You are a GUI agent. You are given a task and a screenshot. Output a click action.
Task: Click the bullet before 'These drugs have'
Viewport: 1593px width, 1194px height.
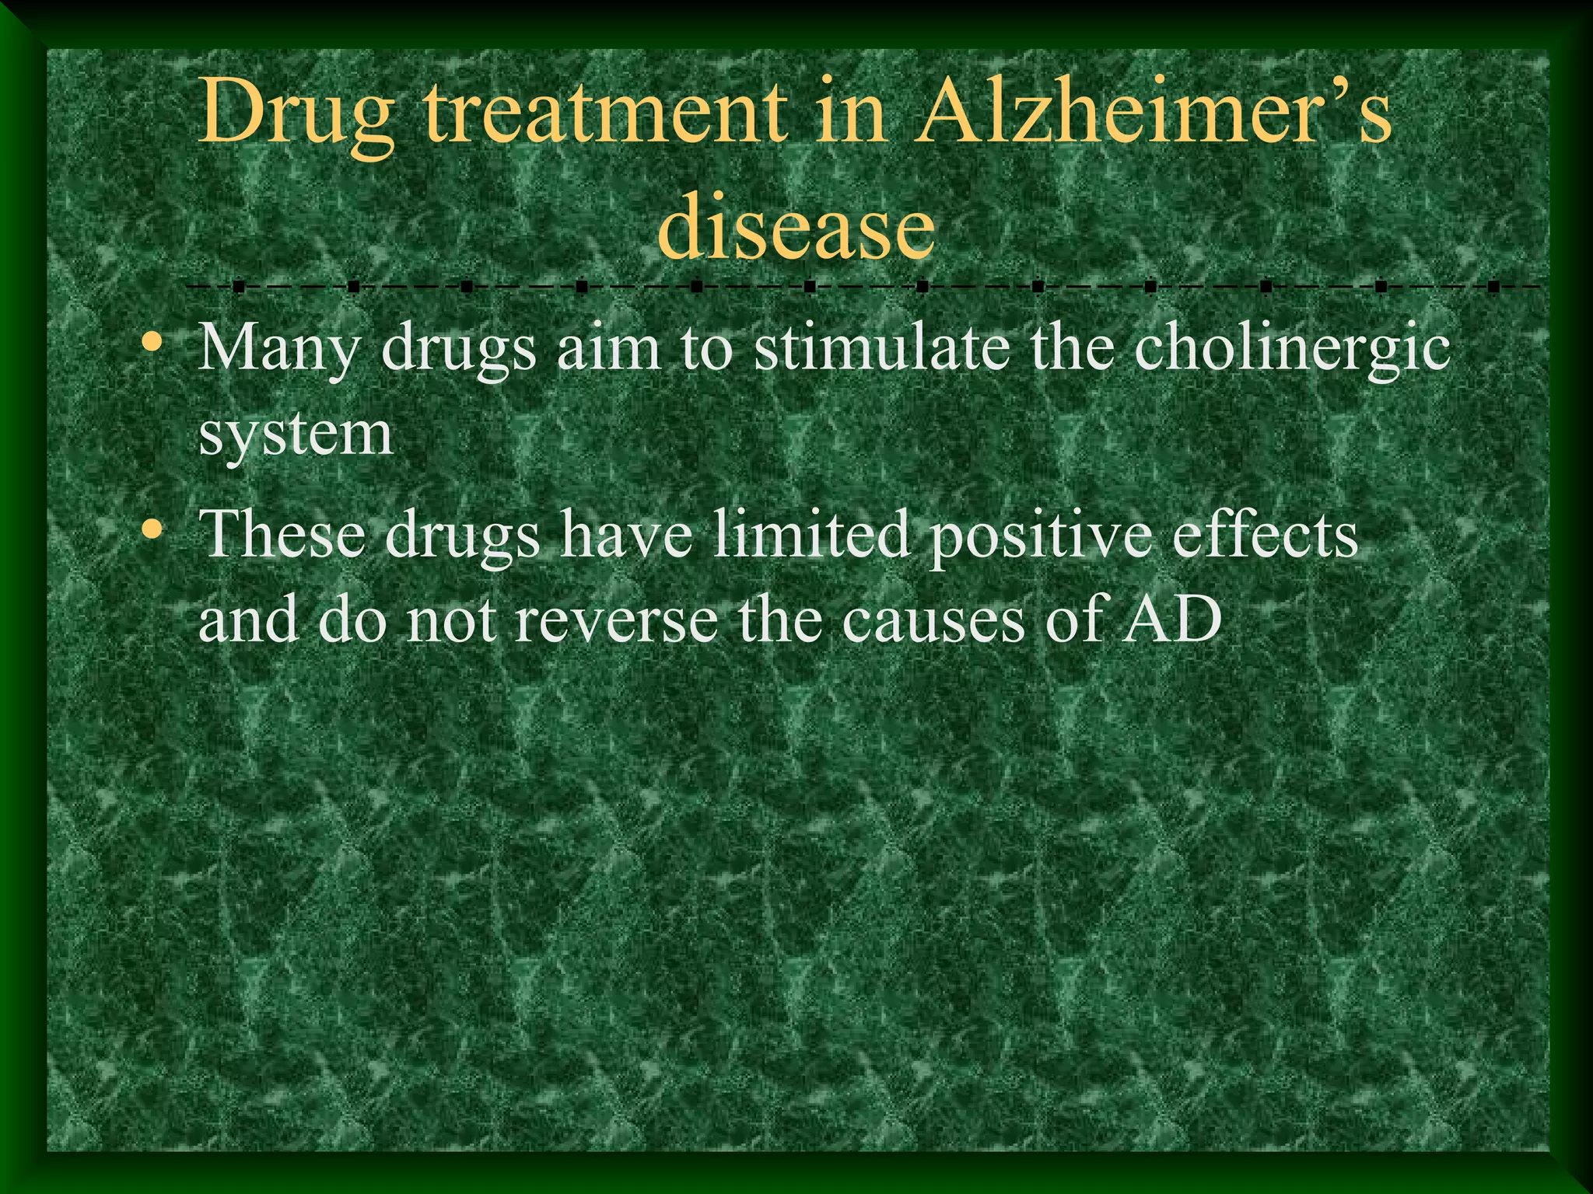(x=153, y=530)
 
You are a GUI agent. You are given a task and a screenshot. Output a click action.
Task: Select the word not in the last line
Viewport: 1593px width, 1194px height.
(x=451, y=622)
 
